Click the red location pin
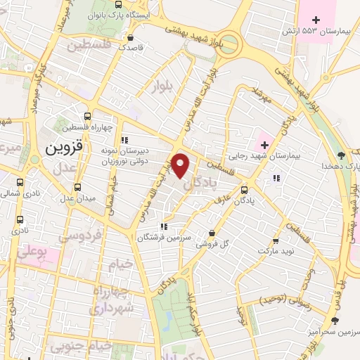click(x=181, y=164)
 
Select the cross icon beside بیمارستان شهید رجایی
click(x=264, y=145)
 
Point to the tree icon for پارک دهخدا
click(x=341, y=155)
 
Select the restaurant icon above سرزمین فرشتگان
click(x=162, y=226)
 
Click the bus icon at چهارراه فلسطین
click(x=88, y=117)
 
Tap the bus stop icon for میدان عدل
click(x=77, y=188)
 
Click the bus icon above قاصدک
click(x=129, y=37)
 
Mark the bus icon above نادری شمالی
click(x=17, y=179)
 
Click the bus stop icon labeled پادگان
click(x=244, y=189)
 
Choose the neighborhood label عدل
click(x=63, y=168)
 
